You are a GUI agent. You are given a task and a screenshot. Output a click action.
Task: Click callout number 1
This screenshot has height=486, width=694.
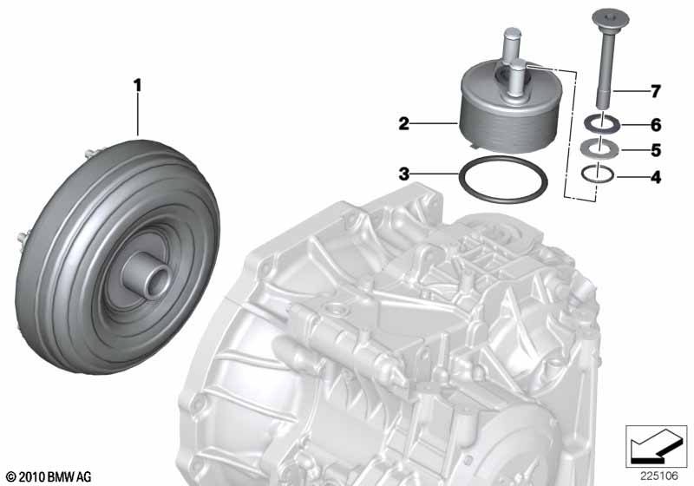click(x=138, y=85)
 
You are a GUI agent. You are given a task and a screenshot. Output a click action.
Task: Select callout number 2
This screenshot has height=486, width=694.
click(x=403, y=124)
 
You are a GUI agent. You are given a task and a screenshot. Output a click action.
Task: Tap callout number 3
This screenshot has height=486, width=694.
click(x=403, y=174)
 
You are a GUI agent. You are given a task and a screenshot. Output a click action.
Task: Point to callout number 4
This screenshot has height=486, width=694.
click(x=656, y=178)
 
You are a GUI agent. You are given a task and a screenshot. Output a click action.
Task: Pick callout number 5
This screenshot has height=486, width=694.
click(x=656, y=150)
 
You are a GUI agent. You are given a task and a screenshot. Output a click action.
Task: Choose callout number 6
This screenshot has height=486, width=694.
click(x=656, y=125)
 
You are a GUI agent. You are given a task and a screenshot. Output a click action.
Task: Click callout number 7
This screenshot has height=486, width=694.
click(x=656, y=91)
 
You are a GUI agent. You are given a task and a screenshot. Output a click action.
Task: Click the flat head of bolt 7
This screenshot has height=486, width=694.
click(x=611, y=17)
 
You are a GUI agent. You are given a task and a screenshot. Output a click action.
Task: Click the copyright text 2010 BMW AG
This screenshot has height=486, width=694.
click(x=49, y=477)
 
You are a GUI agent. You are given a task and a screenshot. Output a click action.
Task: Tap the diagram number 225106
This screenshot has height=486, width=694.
click(x=659, y=476)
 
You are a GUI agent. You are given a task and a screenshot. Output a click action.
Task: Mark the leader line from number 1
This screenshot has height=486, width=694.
click(x=138, y=115)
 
